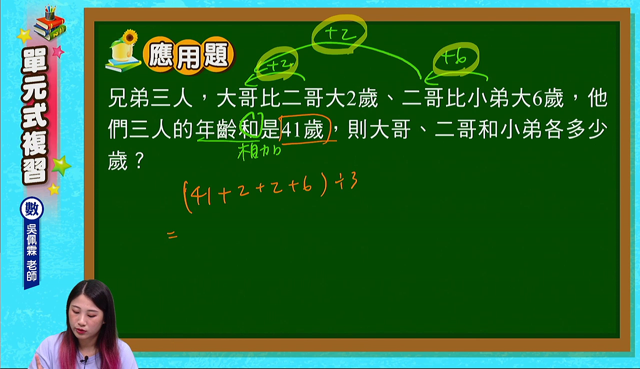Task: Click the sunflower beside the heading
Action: point(130,37)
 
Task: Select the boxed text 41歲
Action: point(303,129)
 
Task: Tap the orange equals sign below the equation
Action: point(172,235)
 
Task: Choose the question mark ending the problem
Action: point(139,160)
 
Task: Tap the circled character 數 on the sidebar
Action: point(31,209)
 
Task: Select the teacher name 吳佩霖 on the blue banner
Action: point(31,239)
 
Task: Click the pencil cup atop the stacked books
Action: point(50,12)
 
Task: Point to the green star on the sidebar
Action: point(61,165)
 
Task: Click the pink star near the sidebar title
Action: point(58,51)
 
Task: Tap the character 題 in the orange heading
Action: point(216,55)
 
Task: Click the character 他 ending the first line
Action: point(597,97)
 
